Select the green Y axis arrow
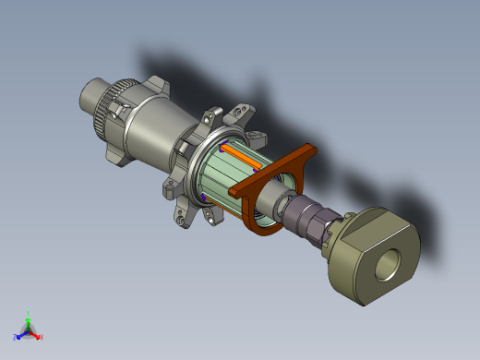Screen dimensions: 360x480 tap(29, 322)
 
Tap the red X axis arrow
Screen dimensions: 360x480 tap(37, 336)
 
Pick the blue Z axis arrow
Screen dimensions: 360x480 tap(19, 335)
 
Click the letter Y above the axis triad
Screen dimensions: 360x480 tap(29, 314)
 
